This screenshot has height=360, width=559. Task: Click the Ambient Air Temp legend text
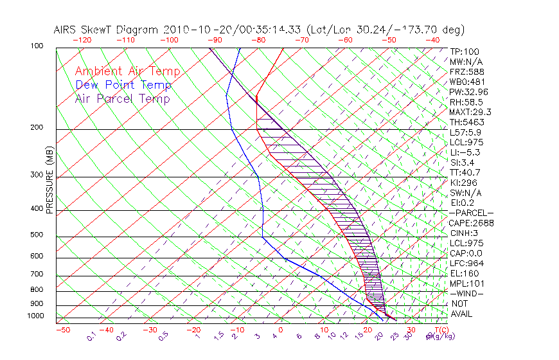click(x=127, y=72)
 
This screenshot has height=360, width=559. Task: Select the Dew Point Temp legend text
click(x=123, y=85)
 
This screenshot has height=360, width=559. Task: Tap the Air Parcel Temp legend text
click(x=122, y=99)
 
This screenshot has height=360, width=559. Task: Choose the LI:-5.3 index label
click(x=465, y=152)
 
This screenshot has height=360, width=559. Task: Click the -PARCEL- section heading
click(x=471, y=213)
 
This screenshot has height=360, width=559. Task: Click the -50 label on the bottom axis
click(x=62, y=330)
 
